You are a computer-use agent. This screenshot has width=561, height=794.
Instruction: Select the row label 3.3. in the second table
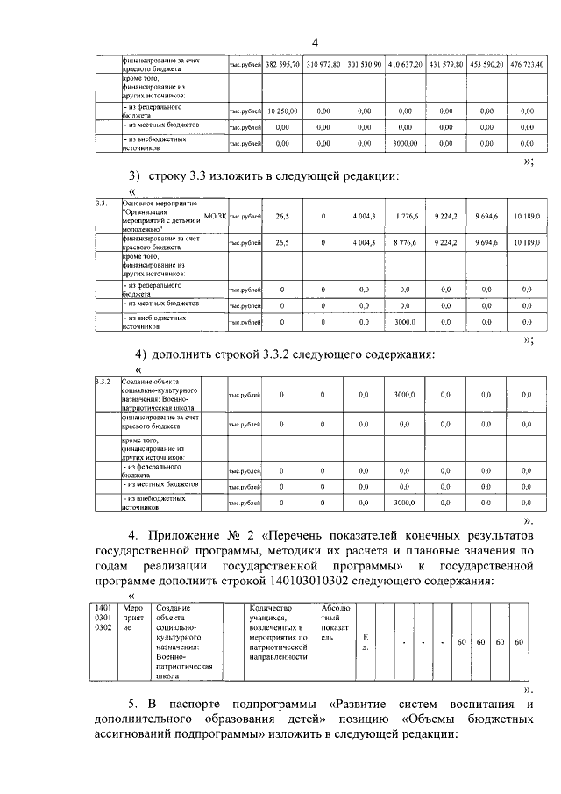point(102,203)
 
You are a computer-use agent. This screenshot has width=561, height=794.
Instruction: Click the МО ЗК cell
point(215,215)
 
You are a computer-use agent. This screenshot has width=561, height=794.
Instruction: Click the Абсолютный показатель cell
point(337,623)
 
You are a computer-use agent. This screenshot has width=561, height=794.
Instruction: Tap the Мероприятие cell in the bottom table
point(133,618)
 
